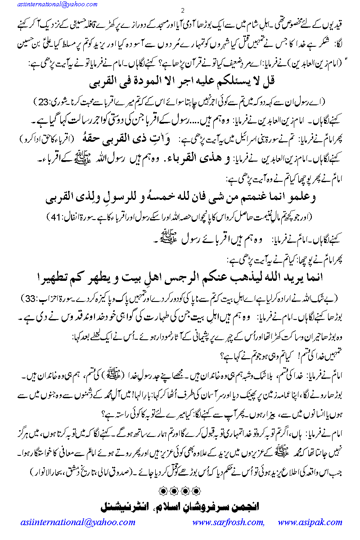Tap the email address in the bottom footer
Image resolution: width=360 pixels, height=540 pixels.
[78, 522]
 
